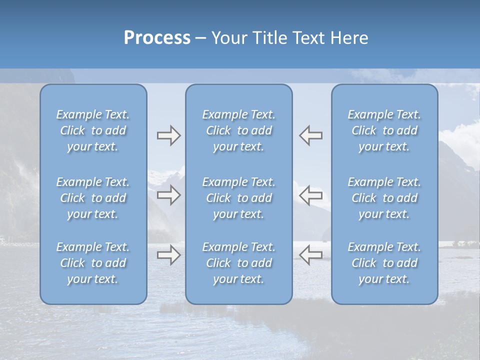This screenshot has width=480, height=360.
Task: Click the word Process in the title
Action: point(157,38)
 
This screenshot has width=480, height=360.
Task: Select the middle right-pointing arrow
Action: point(168,195)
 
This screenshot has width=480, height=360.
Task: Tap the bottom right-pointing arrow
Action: point(168,255)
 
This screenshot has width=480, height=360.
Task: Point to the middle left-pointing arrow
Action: point(311,195)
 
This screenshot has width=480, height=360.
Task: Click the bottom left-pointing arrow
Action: point(311,255)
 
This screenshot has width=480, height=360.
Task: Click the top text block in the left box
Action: point(93,130)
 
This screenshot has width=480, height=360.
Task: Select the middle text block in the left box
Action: point(93,198)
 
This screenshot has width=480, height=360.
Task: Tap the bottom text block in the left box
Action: point(93,263)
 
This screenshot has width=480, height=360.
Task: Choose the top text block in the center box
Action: point(239,130)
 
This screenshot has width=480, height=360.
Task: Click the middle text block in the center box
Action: point(239,198)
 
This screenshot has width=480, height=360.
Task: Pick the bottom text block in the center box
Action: point(239,263)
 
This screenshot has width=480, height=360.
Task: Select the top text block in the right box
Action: point(384,130)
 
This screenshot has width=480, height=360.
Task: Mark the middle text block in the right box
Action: point(384,198)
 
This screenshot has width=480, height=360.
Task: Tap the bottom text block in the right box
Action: point(384,263)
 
